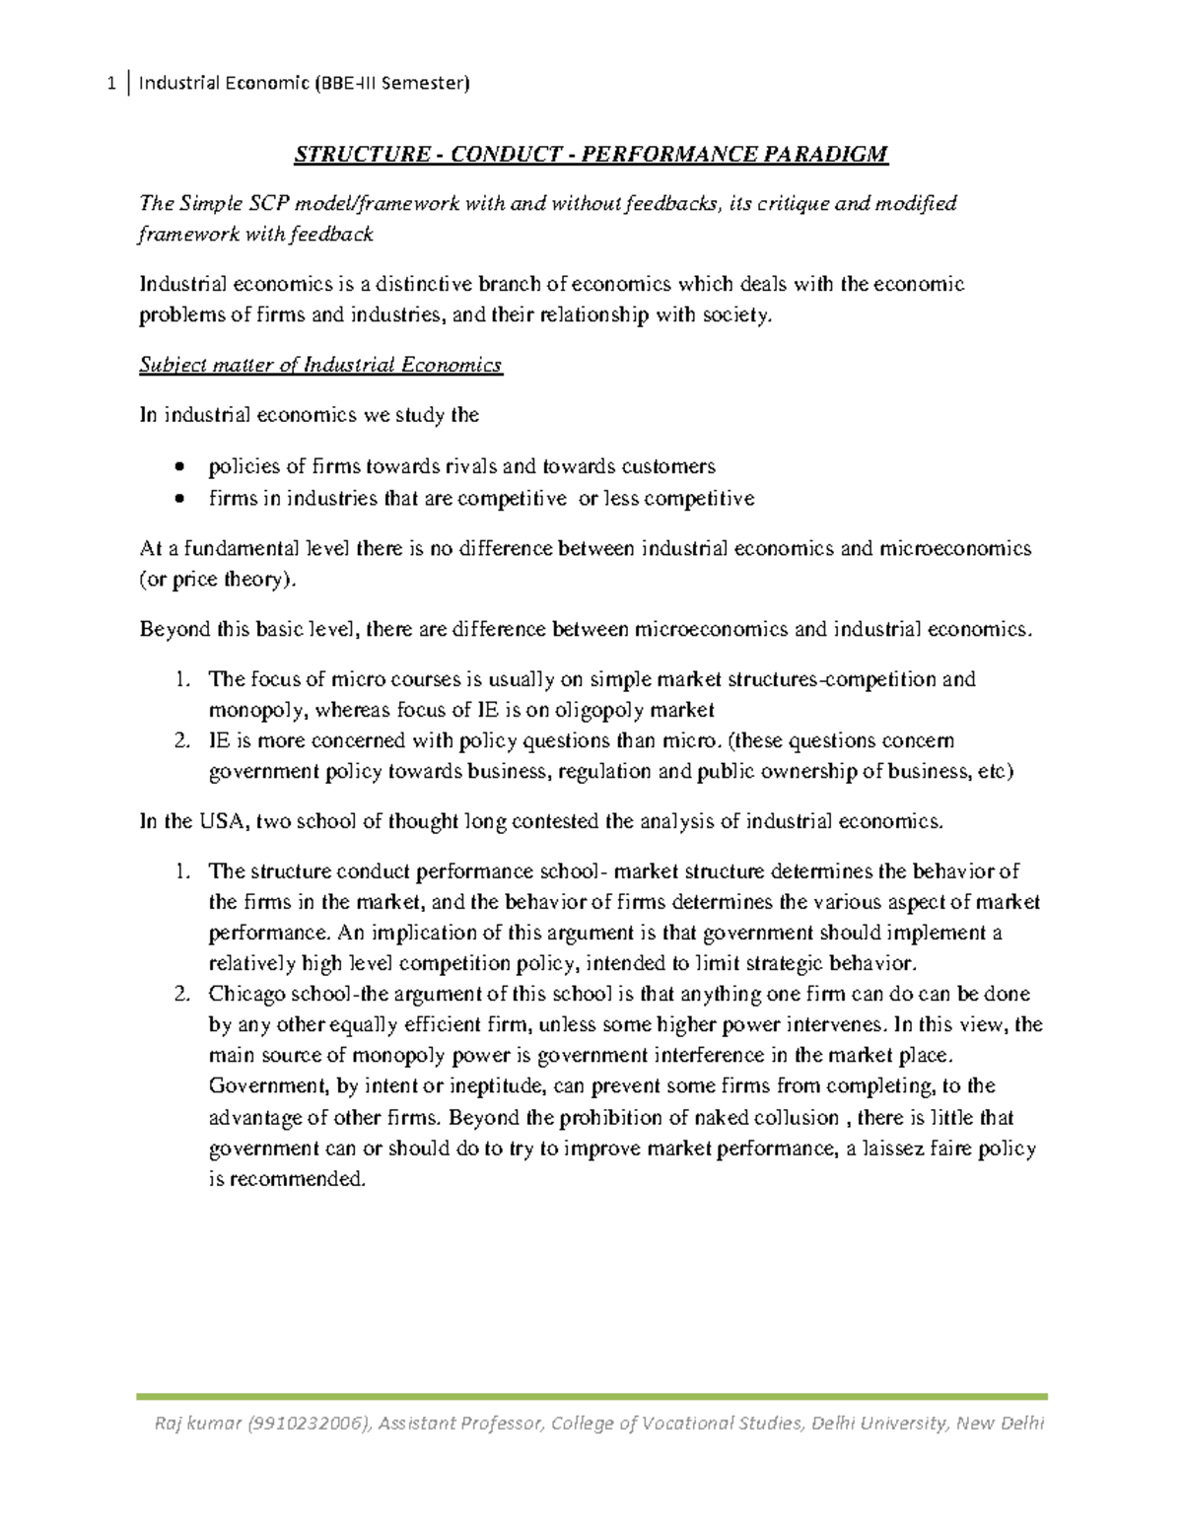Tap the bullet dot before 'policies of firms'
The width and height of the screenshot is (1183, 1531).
[177, 466]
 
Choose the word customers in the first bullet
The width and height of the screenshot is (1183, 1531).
[664, 466]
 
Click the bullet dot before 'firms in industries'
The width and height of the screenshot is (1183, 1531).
[177, 499]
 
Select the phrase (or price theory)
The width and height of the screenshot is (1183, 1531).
[216, 580]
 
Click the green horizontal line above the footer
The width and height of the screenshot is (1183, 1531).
[591, 1396]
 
